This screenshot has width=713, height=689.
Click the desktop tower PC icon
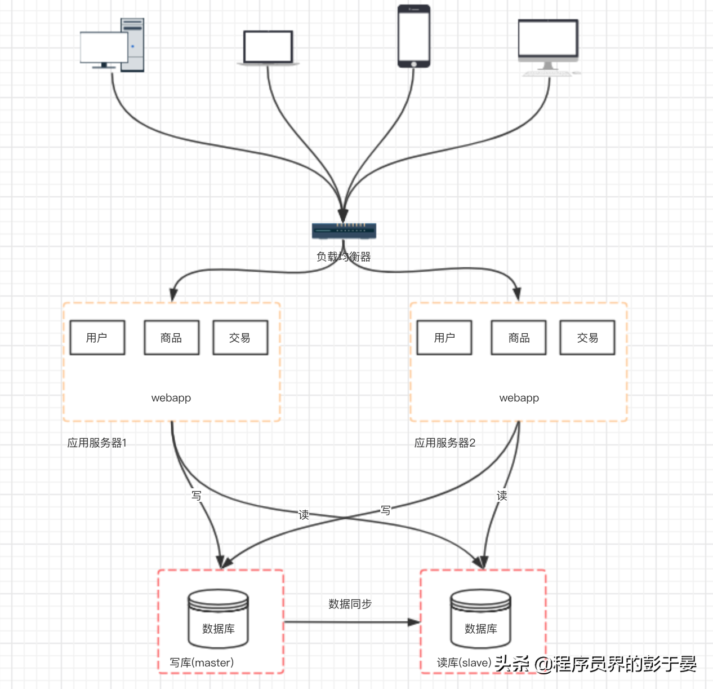[113, 45]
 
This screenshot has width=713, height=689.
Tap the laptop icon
[268, 48]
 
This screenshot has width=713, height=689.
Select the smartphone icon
[414, 36]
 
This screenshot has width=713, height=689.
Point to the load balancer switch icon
[344, 230]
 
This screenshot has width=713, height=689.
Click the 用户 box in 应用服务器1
[97, 338]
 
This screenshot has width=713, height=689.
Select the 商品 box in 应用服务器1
[171, 338]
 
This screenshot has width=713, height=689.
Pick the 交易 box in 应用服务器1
[240, 338]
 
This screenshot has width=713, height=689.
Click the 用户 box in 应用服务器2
[444, 338]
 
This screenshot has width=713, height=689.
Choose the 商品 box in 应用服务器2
[519, 338]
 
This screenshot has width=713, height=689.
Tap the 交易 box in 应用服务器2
[587, 338]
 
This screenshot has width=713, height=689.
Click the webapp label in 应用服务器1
[171, 398]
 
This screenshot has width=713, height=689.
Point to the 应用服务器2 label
[445, 443]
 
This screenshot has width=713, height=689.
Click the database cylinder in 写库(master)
[218, 619]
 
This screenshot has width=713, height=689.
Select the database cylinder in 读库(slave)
[480, 619]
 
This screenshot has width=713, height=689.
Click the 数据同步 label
[350, 604]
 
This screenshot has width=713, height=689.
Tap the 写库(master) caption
[202, 663]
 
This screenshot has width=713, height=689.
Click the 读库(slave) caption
[464, 663]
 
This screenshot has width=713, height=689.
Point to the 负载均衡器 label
[344, 257]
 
